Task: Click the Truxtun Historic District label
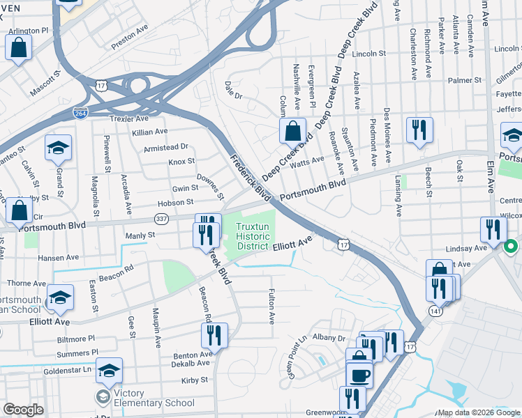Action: pos(252,235)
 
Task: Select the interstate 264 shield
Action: pos(81,112)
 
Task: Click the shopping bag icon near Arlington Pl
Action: pos(18,48)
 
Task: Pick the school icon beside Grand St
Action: pos(59,147)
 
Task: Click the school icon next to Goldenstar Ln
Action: pos(109,370)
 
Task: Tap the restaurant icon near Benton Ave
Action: pos(214,335)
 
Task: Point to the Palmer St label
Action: pos(465,80)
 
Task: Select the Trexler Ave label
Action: pos(129,118)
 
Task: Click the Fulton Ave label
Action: pos(271,307)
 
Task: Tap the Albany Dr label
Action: pos(329,338)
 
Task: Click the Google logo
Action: pos(23,410)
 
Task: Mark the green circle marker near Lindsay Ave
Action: pos(511,246)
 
